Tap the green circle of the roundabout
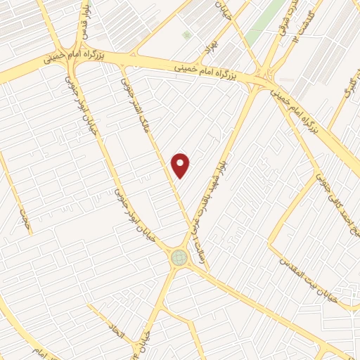179,258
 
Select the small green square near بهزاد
186,34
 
